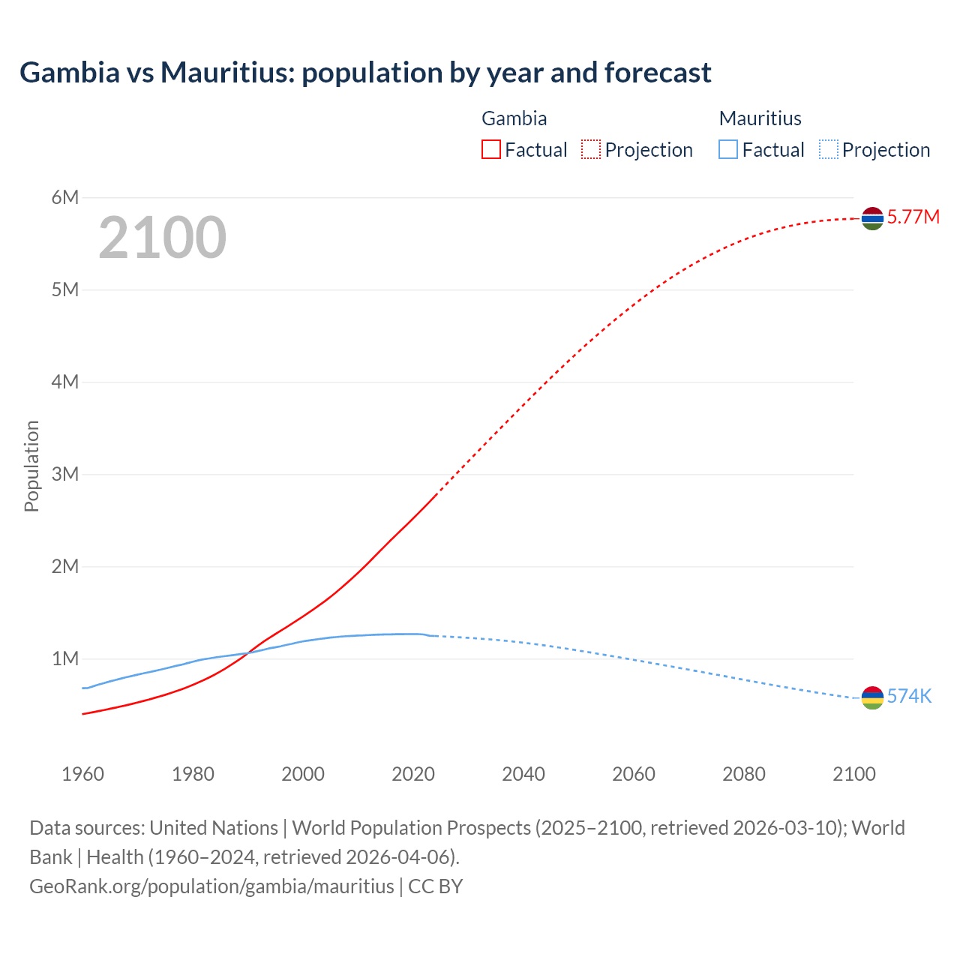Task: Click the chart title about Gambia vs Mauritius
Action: [365, 73]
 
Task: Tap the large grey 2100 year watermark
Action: [162, 238]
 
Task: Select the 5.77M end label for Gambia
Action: [913, 217]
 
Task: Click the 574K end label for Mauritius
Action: [909, 697]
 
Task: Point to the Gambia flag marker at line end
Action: [872, 218]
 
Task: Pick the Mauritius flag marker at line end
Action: [872, 697]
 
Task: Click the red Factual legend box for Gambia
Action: [491, 150]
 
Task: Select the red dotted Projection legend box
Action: [591, 150]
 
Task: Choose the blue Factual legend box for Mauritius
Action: [728, 150]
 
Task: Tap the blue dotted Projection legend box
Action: [829, 150]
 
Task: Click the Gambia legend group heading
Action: [514, 118]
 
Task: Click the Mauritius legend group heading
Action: [760, 118]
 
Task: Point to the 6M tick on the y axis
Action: [65, 197]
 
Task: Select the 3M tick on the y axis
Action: [65, 474]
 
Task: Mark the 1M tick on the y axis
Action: [65, 658]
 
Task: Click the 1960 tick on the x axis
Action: [83, 774]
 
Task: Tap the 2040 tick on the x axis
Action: [523, 774]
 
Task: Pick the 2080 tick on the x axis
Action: [744, 774]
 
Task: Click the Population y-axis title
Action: [31, 466]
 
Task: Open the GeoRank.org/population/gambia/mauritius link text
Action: [211, 886]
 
